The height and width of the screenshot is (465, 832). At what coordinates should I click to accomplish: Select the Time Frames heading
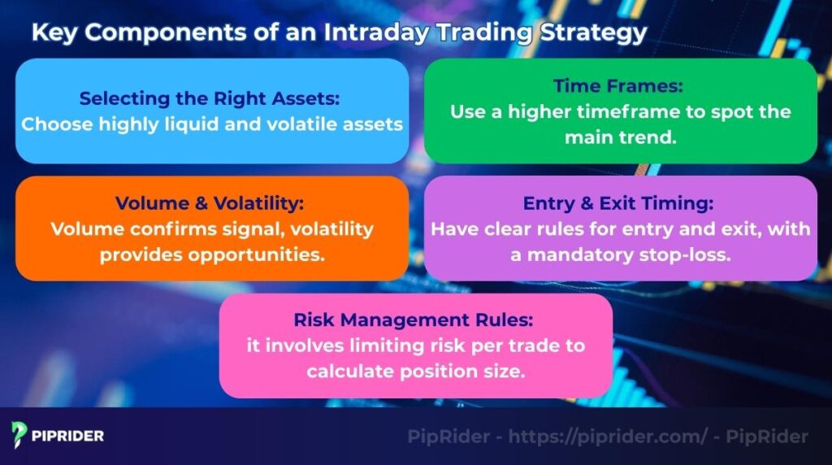pyautogui.click(x=620, y=86)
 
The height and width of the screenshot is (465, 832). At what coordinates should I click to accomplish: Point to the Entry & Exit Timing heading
pyautogui.click(x=620, y=203)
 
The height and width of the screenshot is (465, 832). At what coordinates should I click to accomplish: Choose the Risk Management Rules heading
pyautogui.click(x=415, y=319)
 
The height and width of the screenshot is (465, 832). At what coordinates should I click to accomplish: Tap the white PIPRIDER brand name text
pyautogui.click(x=68, y=436)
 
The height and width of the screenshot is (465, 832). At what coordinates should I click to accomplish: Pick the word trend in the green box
pyautogui.click(x=652, y=137)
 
